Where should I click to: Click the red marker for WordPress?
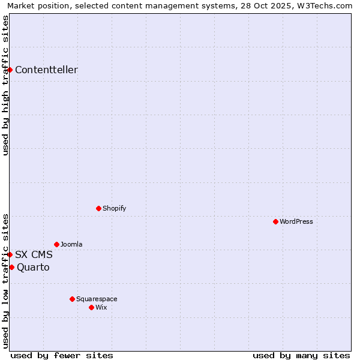pos(275,221)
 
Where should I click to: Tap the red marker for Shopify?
pos(98,208)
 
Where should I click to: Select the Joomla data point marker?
pos(56,244)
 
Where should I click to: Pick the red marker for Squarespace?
pos(72,299)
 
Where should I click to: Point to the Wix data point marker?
pos(91,307)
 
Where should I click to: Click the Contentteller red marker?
pos(10,70)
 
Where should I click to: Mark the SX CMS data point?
pos(10,254)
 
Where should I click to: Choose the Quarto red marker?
pos(11,267)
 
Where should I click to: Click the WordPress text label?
pos(296,221)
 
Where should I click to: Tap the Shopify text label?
pos(115,208)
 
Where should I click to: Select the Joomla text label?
pos(71,244)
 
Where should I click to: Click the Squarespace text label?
pos(97,299)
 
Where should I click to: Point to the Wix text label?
pos(101,307)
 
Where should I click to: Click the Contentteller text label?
pos(46,70)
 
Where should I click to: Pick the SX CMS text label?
pos(34,254)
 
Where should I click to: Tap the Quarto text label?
pos(33,267)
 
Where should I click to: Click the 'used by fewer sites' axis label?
pos(62,355)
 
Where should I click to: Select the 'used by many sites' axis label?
pos(301,355)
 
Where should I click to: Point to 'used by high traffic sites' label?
pos(5,85)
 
